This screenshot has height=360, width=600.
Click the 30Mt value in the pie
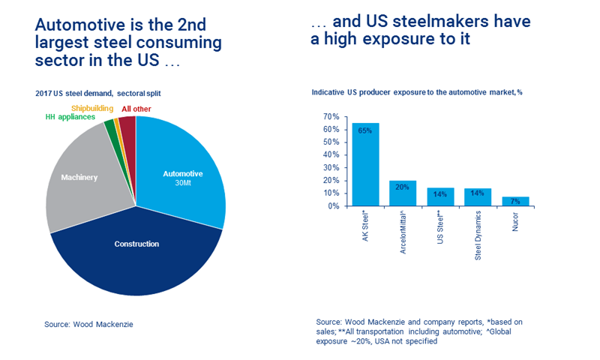(x=183, y=184)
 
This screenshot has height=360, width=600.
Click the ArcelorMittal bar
(x=403, y=193)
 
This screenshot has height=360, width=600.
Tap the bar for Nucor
(x=514, y=201)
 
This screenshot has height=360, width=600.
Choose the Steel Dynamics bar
(x=478, y=196)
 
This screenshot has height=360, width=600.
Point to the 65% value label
(x=365, y=130)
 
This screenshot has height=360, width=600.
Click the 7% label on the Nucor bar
(x=515, y=201)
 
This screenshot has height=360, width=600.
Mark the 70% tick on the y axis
(x=330, y=117)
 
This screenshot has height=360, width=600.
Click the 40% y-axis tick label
(x=330, y=155)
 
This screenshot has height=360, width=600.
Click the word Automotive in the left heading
(x=76, y=25)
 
